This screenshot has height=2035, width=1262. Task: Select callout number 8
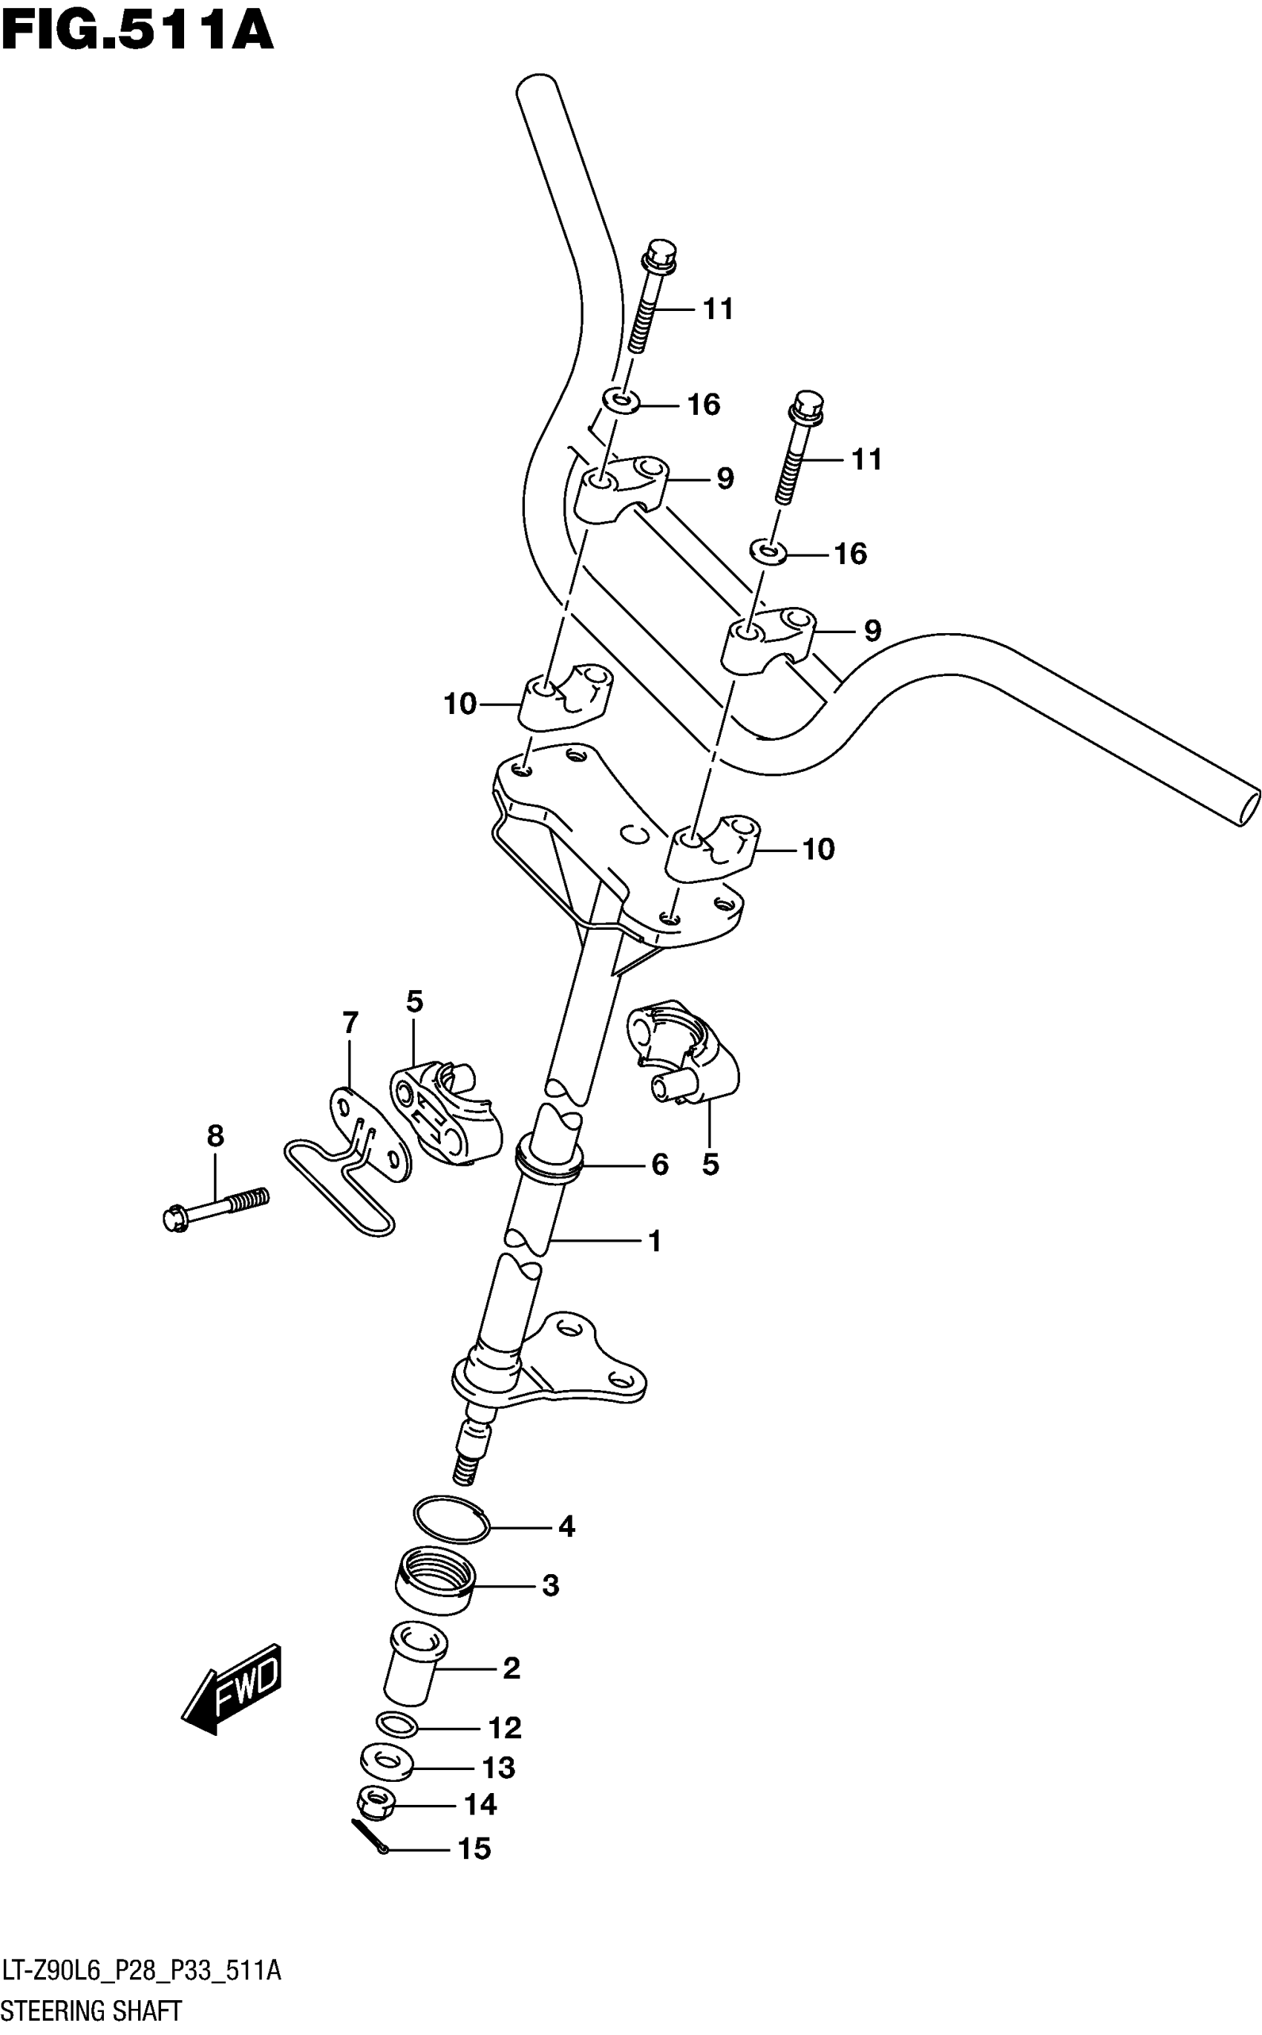pyautogui.click(x=215, y=1136)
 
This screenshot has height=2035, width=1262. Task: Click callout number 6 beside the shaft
pyautogui.click(x=659, y=1164)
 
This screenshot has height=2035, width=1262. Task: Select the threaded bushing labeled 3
pyautogui.click(x=434, y=1580)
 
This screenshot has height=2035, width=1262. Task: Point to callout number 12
pyautogui.click(x=505, y=1727)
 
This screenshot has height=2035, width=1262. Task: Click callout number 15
pyautogui.click(x=474, y=1849)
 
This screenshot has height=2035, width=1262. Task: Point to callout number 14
pyautogui.click(x=480, y=1805)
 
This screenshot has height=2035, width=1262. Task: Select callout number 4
pyautogui.click(x=566, y=1527)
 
